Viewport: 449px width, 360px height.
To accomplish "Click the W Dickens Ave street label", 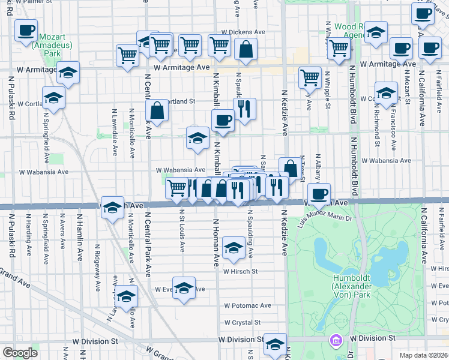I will tap(243, 32).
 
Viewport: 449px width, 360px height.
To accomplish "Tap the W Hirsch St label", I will tap(240, 271).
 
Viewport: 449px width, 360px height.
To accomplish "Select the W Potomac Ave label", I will tap(249, 305).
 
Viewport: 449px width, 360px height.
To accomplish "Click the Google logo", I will tap(20, 353).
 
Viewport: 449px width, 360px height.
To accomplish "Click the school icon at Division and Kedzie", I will tap(276, 343).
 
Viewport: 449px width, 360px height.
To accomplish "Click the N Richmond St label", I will tap(377, 127).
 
